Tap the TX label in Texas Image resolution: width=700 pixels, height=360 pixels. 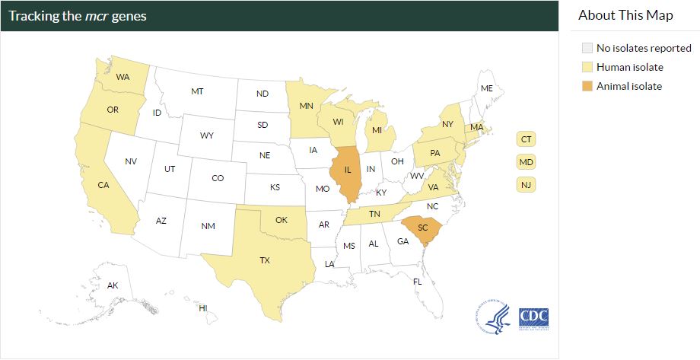(265, 260)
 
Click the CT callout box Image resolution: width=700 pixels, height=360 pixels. (526, 139)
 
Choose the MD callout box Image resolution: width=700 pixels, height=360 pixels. (526, 162)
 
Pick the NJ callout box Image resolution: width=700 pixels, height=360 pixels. (526, 184)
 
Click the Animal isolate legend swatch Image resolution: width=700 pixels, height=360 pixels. (586, 86)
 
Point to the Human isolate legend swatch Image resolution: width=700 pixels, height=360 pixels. (586, 67)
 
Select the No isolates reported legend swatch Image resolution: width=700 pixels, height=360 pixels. (586, 48)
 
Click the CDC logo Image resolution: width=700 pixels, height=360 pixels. (533, 317)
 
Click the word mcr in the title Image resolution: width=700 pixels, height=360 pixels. (97, 16)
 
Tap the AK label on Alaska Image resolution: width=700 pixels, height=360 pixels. (113, 285)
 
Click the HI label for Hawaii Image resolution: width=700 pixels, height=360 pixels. (203, 307)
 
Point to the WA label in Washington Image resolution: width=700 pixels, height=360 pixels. (122, 77)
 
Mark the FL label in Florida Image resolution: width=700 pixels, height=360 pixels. (417, 282)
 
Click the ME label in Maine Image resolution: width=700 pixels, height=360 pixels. (487, 89)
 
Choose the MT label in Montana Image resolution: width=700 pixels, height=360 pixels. (197, 91)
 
